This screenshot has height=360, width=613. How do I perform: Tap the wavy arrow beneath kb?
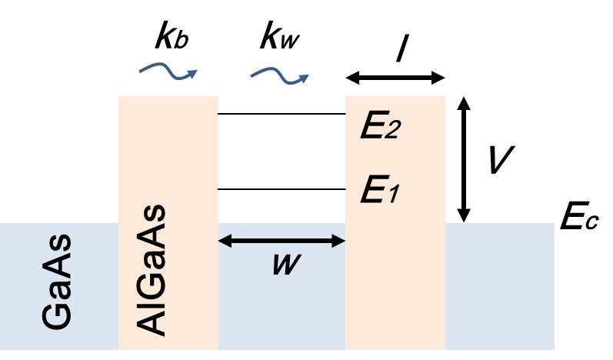point(167,72)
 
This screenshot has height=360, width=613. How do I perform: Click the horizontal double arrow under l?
point(395,78)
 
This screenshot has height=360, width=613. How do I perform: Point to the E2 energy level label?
point(381,123)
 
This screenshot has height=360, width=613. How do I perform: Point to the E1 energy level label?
point(381,191)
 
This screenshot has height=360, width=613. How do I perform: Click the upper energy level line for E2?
point(282,114)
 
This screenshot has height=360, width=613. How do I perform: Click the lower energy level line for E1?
point(282,189)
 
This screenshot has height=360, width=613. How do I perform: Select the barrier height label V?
point(501,158)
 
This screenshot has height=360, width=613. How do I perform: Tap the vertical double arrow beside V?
point(464,158)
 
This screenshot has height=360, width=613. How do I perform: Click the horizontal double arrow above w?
point(282,242)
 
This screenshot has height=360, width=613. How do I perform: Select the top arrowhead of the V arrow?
point(464,102)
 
